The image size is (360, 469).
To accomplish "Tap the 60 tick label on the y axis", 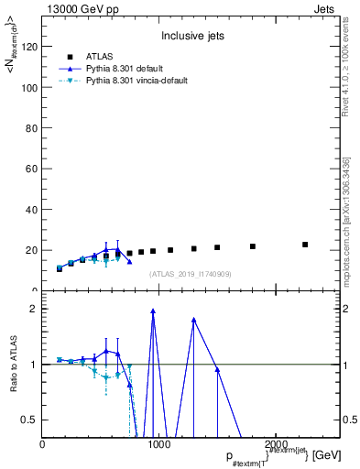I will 31,169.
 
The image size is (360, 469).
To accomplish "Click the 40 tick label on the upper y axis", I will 31,210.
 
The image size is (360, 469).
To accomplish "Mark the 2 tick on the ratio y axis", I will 33,309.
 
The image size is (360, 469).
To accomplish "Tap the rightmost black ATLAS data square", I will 305,245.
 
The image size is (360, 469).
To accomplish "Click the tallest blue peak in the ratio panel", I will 153,311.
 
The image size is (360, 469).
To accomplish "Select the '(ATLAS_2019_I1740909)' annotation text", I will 191,273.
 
